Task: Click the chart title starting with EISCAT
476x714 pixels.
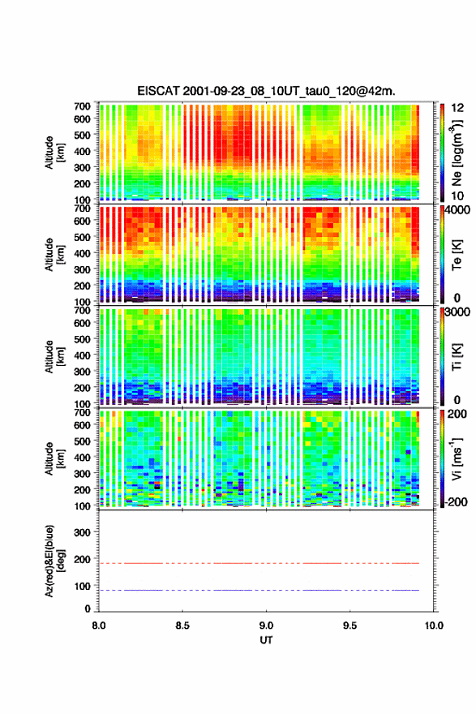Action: (x=266, y=91)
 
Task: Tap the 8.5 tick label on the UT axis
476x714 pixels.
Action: (x=182, y=626)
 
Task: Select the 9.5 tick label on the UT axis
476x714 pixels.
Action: (x=350, y=626)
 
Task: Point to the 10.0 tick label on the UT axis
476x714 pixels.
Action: (x=434, y=626)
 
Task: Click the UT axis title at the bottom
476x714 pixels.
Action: (x=266, y=640)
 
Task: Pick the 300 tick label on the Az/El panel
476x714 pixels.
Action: (x=83, y=532)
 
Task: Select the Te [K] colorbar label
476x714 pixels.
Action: (x=457, y=255)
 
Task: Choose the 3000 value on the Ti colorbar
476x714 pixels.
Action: (x=457, y=312)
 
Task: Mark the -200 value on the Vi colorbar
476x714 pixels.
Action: (x=455, y=501)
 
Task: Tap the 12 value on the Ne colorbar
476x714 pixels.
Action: (x=457, y=108)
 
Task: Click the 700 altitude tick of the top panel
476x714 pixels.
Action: (x=83, y=106)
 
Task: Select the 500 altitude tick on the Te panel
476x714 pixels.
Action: (x=83, y=237)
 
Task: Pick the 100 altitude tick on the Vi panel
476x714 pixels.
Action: (x=83, y=505)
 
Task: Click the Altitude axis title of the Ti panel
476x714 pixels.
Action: (x=54, y=356)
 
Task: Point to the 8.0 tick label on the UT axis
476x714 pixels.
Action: (x=99, y=626)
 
